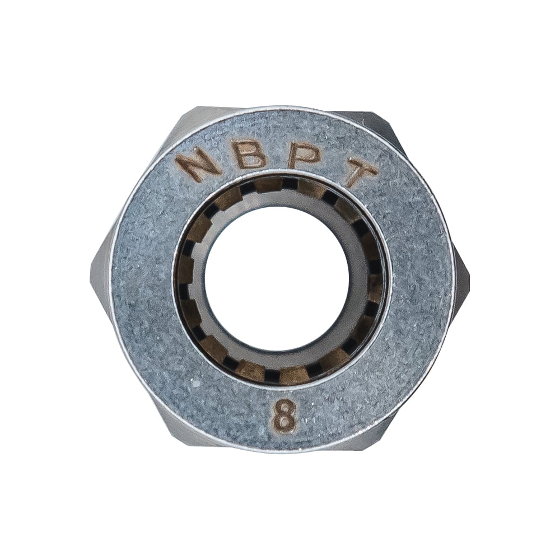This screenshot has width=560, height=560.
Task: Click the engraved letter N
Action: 198,165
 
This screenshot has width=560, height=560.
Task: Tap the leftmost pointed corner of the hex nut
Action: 91,265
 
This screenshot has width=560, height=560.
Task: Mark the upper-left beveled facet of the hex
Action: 143,171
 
